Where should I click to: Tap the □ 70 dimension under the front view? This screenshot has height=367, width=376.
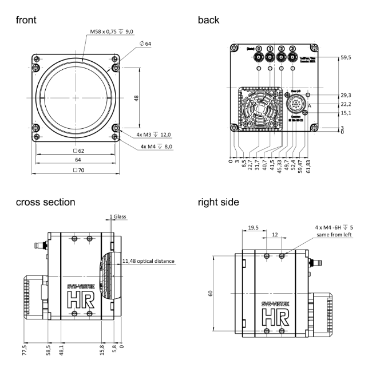[x=78, y=171]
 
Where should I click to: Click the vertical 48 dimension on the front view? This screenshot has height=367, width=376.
[x=137, y=98]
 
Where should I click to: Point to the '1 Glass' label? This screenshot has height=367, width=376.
[x=118, y=217]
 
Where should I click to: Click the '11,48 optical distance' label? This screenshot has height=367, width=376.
[x=148, y=262]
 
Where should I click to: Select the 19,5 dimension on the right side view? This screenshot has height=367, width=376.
[x=254, y=228]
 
